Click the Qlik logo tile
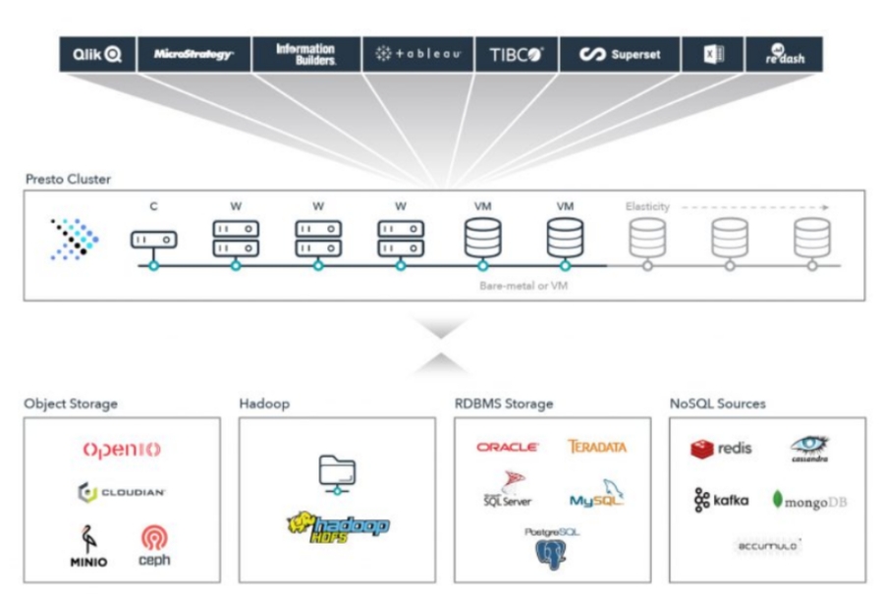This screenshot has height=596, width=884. point(96,55)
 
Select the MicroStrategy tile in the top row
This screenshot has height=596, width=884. point(193,55)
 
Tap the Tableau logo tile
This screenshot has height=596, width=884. point(417,55)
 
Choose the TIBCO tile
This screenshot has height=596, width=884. point(516,55)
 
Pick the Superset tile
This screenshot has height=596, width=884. point(620,55)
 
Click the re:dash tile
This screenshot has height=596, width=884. point(784,55)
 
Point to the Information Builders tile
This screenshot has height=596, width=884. point(305,55)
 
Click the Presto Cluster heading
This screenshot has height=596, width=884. point(68,180)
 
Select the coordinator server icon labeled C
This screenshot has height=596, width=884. point(154,239)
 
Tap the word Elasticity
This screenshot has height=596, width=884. point(647,207)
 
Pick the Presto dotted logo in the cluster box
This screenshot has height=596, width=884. point(75,239)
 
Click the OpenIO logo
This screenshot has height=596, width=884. point(122,450)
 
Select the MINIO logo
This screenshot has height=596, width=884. point(88,547)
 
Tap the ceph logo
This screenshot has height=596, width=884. point(154,546)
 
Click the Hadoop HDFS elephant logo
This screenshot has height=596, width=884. point(337,526)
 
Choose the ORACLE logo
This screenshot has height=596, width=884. point(507,447)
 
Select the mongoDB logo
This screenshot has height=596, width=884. point(809,501)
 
